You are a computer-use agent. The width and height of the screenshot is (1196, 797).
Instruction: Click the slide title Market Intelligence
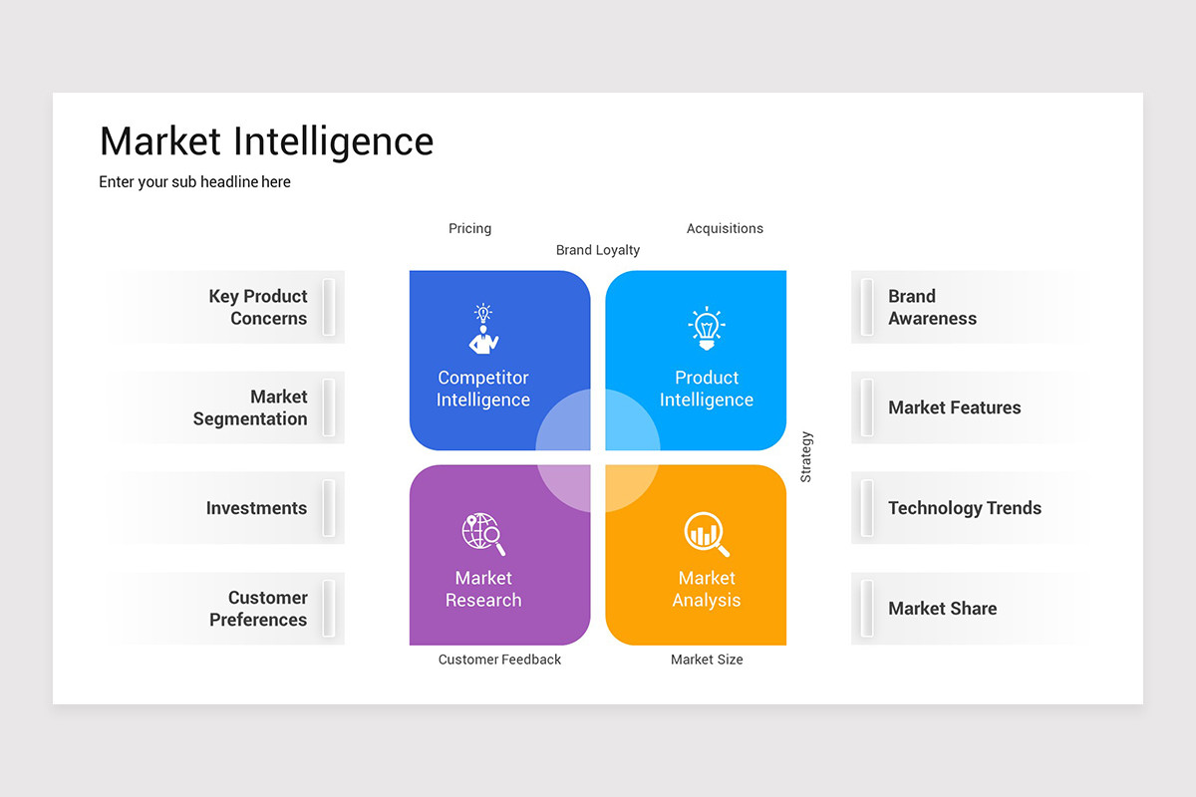tap(266, 141)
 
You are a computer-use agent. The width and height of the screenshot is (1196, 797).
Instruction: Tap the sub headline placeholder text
tap(194, 182)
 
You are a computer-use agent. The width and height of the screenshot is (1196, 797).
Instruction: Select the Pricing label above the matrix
tap(469, 228)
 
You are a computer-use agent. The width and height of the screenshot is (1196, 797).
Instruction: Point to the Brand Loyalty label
tap(598, 250)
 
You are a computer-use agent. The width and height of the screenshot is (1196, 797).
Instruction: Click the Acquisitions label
tap(725, 228)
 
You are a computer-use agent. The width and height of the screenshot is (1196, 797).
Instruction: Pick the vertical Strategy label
tap(806, 456)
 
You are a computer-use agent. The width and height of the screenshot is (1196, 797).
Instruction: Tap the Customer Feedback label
tap(499, 660)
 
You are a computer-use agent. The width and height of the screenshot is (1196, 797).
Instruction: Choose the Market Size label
tap(707, 660)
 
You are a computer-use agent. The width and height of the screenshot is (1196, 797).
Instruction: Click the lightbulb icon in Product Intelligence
tap(707, 328)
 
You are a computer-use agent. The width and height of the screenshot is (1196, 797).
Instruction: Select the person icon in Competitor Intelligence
tap(483, 329)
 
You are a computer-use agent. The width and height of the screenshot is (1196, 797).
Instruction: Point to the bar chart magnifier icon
tap(707, 534)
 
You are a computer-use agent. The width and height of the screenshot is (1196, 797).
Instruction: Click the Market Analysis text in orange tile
tap(707, 589)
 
